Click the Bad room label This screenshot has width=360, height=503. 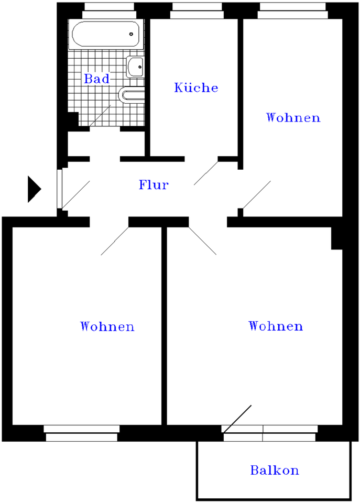[x=97, y=79]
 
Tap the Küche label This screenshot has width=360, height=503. [x=196, y=88]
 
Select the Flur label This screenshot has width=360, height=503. [x=154, y=185]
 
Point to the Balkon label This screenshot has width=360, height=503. [x=275, y=470]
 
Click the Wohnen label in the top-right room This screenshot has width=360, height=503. [x=293, y=117]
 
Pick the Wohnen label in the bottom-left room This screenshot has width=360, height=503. [x=107, y=326]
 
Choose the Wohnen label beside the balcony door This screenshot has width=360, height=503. [x=276, y=326]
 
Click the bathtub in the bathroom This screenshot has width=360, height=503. [x=105, y=35]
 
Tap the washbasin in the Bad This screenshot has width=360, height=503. [x=135, y=67]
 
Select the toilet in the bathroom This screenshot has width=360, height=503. [x=131, y=95]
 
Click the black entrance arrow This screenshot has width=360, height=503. [x=34, y=189]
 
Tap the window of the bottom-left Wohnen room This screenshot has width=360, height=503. [x=82, y=433]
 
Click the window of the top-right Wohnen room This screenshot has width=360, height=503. [x=293, y=10]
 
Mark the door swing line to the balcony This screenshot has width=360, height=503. [x=237, y=419]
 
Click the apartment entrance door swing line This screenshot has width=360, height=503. [x=76, y=193]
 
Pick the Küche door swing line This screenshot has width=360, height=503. [x=206, y=173]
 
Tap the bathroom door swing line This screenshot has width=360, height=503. [x=100, y=116]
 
